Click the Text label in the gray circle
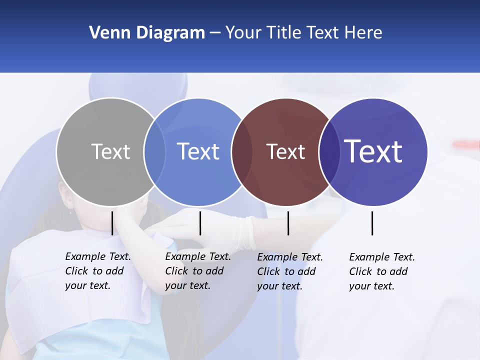(x=110, y=151)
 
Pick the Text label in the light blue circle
(x=198, y=151)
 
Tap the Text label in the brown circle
(x=285, y=151)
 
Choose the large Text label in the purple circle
(x=373, y=151)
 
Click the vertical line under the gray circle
(x=112, y=223)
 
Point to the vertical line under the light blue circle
(x=200, y=223)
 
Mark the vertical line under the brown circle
(x=288, y=223)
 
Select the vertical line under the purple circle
(x=372, y=223)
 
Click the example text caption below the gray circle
(x=97, y=271)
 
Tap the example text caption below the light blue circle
(x=197, y=271)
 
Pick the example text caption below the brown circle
(x=289, y=271)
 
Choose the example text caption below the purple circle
(x=381, y=271)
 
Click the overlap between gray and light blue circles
(x=154, y=151)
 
